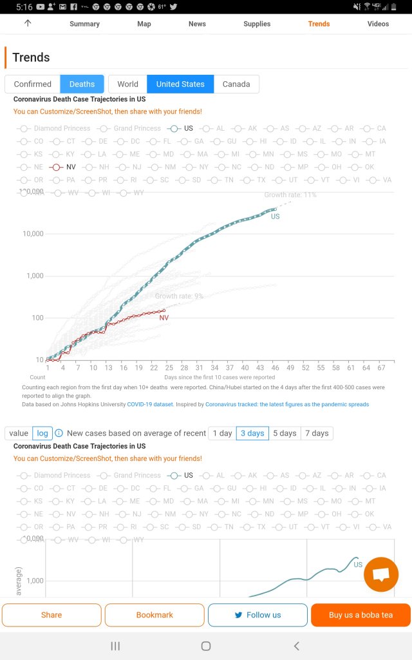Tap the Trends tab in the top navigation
pos(319,24)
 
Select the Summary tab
pos(84,24)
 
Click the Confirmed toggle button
pos(32,84)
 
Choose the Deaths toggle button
pos(82,84)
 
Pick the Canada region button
pos(236,84)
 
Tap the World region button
pos(127,84)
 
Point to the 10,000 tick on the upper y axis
pos(33,234)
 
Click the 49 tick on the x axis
pos(290,367)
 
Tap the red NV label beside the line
pos(164,318)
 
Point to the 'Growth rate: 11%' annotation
pos(290,195)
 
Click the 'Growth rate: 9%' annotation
pos(179,296)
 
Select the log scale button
pos(42,433)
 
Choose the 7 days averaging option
pos(316,433)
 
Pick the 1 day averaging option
pos(222,433)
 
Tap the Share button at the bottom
pos(51,615)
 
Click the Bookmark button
pos(154,615)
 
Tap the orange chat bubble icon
pos(380,574)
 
